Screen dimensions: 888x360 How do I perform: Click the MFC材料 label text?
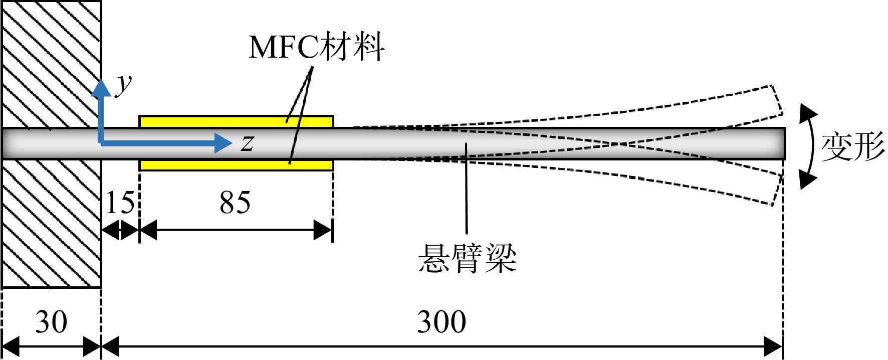coord(316,47)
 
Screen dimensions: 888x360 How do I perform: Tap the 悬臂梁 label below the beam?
coord(467,259)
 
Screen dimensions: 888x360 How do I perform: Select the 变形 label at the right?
coord(853,147)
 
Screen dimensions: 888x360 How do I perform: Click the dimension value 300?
coord(441,321)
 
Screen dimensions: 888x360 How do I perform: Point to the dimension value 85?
coord(235,203)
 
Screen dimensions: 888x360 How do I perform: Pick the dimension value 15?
coord(120,203)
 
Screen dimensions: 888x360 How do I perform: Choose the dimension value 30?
coord(51,321)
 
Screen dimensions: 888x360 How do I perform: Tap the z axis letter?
coord(247,143)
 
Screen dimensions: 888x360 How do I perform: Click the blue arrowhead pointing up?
coord(101,88)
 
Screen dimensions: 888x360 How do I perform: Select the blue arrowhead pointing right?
coord(224,143)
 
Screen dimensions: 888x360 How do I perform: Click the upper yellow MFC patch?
coord(236,122)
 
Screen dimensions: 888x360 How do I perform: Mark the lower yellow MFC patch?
coord(236,165)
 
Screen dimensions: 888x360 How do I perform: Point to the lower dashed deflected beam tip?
coord(777,190)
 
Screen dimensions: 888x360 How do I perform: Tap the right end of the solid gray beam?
coord(784,143)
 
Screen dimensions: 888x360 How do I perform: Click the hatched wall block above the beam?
coord(51,64)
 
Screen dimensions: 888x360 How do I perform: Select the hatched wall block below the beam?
coord(51,224)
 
